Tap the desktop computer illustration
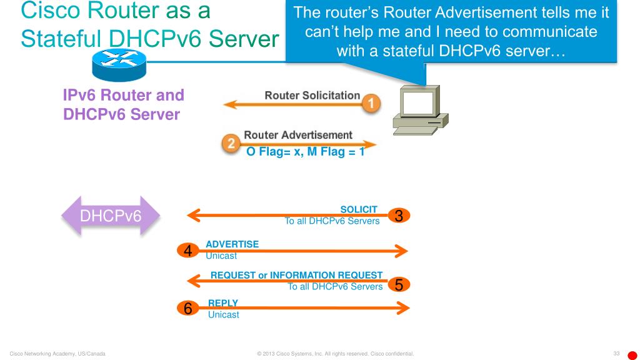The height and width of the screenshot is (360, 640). click(420, 112)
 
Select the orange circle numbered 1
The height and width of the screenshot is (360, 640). click(371, 102)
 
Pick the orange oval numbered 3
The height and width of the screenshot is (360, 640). click(399, 216)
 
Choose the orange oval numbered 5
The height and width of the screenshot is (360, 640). click(399, 285)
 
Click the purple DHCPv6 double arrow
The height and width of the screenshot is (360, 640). click(110, 216)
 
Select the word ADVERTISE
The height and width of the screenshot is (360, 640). click(232, 244)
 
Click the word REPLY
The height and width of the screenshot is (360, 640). click(222, 303)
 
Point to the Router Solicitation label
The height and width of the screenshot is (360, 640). click(312, 96)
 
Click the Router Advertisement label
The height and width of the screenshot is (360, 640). click(297, 135)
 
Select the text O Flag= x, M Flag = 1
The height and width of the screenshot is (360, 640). click(306, 151)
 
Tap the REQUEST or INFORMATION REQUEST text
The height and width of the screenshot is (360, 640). click(296, 275)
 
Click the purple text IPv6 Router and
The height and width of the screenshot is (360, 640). click(124, 96)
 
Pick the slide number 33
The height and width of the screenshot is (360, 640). click(616, 354)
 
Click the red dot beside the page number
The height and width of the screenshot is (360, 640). click(632, 355)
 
